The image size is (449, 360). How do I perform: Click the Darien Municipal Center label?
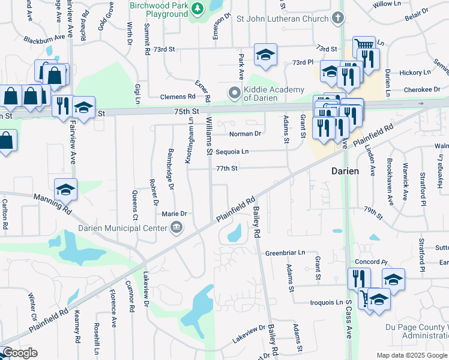(x=122, y=228)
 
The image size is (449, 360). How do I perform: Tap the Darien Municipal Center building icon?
(x=176, y=227)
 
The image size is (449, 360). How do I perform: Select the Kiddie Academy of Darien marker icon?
(x=234, y=94)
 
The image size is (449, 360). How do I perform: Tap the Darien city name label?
(x=346, y=171)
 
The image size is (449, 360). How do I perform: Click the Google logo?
(x=20, y=353)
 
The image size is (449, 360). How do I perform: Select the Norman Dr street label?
(x=246, y=134)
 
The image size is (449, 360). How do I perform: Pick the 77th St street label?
(x=228, y=169)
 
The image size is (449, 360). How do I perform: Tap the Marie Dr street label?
(x=175, y=214)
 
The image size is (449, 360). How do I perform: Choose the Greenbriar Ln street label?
(x=285, y=253)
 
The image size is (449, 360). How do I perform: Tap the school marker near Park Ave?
(x=265, y=55)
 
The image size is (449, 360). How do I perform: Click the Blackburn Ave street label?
(x=44, y=37)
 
